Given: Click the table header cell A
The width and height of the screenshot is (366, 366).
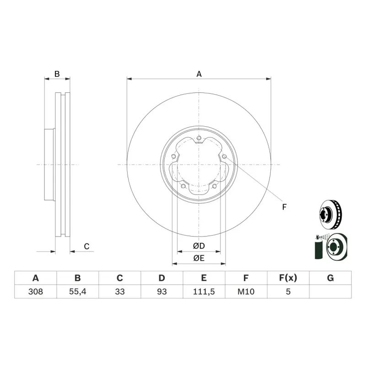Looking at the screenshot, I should pos(35,278).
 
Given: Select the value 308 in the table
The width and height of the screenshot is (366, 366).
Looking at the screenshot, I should pos(35,291).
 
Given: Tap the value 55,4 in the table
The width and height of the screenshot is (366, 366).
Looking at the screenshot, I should pos(77,291).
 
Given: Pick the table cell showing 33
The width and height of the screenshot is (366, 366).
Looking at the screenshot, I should pos(119,291).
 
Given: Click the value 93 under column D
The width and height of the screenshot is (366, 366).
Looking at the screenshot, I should pos(161,291).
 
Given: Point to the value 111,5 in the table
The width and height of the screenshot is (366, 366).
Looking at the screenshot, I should pos(204,291).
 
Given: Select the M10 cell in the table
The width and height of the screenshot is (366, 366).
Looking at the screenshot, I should pos(246,291).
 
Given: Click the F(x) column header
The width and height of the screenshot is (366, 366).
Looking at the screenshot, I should pos(288,278).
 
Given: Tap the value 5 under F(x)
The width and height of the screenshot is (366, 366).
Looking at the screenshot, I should pos(288,291).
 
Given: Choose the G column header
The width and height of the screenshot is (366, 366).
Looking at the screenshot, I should pos(330,278).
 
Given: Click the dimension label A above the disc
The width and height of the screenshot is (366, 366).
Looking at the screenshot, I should pos(199,74).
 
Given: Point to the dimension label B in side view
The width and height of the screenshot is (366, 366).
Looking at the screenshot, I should pos(57,74).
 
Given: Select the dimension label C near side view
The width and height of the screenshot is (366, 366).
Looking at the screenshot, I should pos(86,247).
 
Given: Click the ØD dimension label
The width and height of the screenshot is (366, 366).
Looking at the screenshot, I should pos(199,246).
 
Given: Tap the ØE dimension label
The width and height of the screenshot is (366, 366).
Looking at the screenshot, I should pos(199,258).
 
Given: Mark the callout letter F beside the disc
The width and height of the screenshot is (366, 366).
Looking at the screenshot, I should pos(284,207).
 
